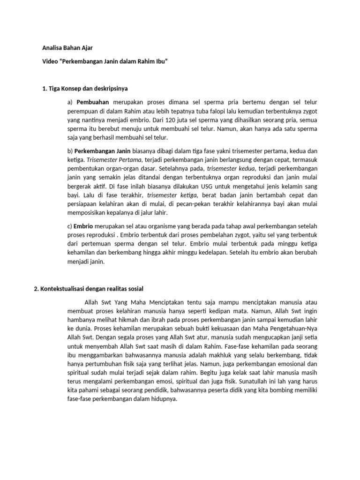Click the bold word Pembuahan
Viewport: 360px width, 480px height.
92,102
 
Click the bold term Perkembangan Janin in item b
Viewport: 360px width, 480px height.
98,151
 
